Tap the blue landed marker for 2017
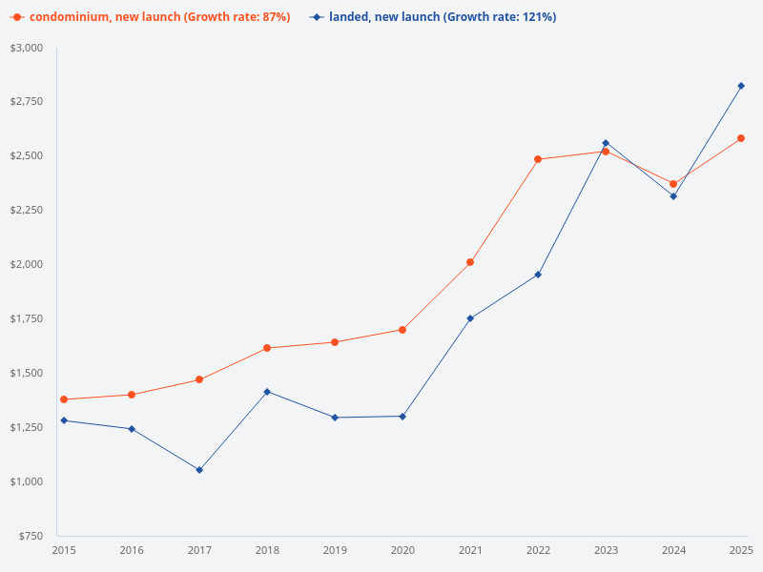click(x=199, y=470)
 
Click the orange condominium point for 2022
click(x=538, y=159)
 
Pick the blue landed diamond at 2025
click(x=741, y=86)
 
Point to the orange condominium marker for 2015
click(x=64, y=399)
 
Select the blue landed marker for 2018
click(x=267, y=392)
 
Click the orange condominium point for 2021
click(x=470, y=262)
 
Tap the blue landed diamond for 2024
click(x=673, y=196)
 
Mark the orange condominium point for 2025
click(x=741, y=138)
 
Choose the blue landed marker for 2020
click(x=402, y=417)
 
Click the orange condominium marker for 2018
click(x=267, y=348)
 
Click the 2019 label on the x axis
click(x=335, y=550)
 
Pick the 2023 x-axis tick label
click(x=606, y=550)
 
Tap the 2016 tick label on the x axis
click(x=132, y=550)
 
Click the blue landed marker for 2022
click(x=538, y=275)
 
